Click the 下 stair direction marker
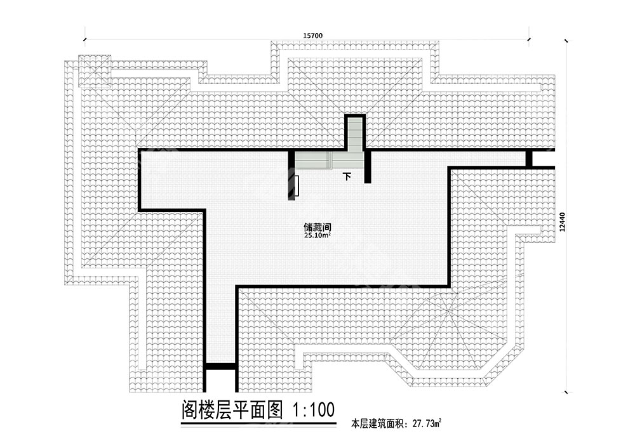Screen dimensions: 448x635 click(347, 176)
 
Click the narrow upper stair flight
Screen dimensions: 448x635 click(355, 133)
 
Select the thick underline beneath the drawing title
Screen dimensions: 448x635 click(248, 423)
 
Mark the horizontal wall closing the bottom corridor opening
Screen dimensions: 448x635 click(220, 366)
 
